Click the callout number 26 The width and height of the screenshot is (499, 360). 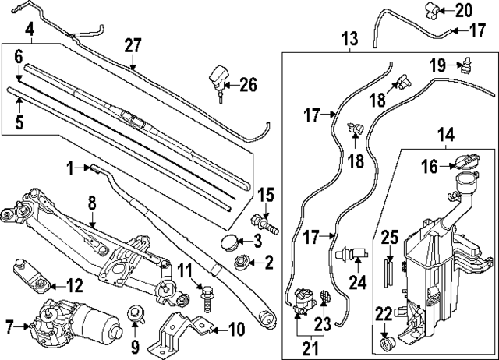pyautogui.click(x=248, y=84)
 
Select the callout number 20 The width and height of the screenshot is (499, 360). pyautogui.click(x=464, y=10)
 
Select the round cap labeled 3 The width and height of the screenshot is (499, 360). pyautogui.click(x=232, y=241)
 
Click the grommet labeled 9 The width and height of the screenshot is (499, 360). pyautogui.click(x=134, y=316)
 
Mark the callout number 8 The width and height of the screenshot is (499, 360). pyautogui.click(x=92, y=203)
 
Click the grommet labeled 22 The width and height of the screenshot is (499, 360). pyautogui.click(x=384, y=343)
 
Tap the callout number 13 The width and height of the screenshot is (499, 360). pyautogui.click(x=349, y=37)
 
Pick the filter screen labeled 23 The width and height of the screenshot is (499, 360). pyautogui.click(x=322, y=297)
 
